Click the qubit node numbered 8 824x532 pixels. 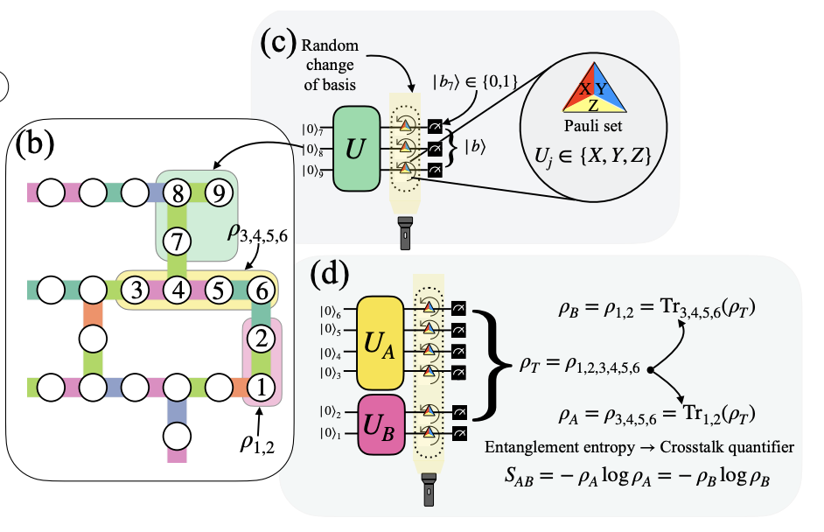point(179,190)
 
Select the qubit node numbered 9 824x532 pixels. point(221,190)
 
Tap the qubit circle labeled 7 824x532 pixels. point(179,238)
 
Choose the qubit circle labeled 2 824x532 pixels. point(260,336)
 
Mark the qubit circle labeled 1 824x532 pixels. point(260,384)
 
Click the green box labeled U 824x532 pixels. point(355,150)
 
